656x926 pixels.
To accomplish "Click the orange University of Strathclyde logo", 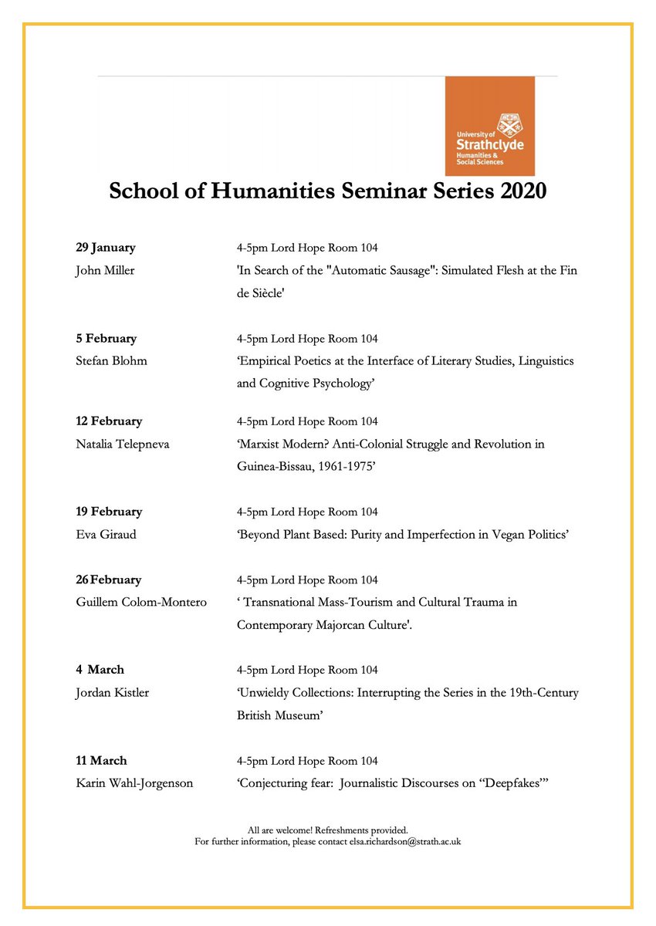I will pyautogui.click(x=489, y=126).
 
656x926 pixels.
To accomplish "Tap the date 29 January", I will pyautogui.click(x=106, y=248).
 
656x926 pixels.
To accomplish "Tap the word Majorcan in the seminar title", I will pyautogui.click(x=351, y=624).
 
